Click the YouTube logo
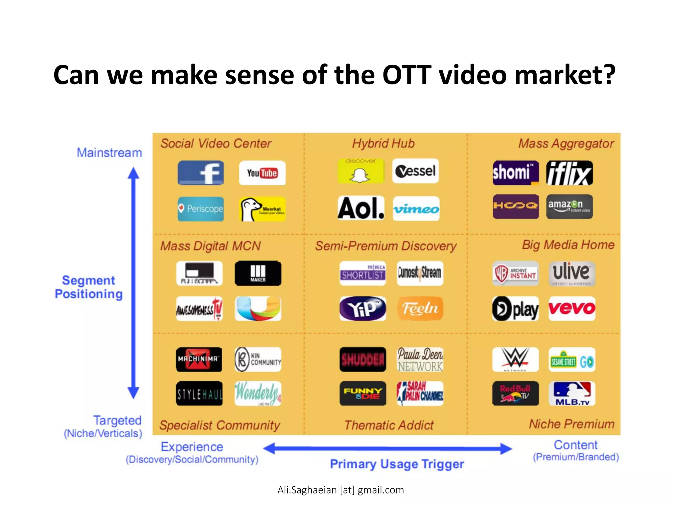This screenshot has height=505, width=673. (262, 173)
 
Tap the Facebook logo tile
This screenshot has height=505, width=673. (200, 173)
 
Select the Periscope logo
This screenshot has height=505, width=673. (200, 209)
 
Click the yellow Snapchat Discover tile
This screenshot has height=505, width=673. (361, 171)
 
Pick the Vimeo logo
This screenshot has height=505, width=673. (416, 209)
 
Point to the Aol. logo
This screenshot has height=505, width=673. (361, 208)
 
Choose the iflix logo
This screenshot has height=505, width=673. (569, 173)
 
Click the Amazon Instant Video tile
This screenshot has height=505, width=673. (569, 207)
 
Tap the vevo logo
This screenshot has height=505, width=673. (572, 308)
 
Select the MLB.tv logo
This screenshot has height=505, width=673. (572, 393)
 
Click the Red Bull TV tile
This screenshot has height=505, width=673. (515, 393)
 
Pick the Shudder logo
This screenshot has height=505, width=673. (363, 359)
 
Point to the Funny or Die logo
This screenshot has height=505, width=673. (363, 393)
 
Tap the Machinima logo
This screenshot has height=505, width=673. (199, 359)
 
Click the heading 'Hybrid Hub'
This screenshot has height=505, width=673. (383, 144)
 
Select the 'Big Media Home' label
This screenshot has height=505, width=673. (568, 245)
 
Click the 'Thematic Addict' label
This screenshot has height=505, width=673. (389, 425)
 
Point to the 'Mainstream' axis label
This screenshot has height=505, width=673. (109, 153)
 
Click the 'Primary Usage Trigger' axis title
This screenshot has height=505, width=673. (397, 464)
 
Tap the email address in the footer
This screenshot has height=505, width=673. (340, 490)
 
